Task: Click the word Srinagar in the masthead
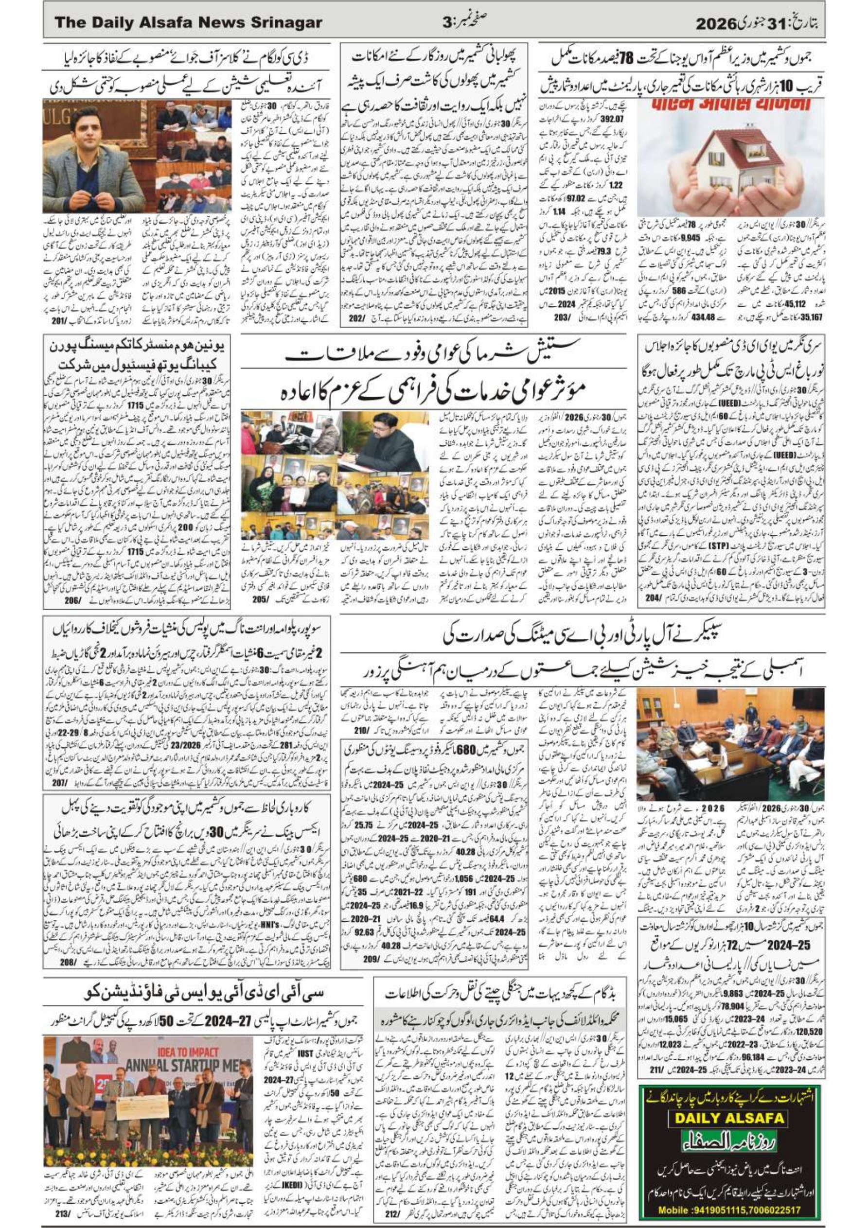coord(283,23)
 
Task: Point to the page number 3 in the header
coord(447,23)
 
